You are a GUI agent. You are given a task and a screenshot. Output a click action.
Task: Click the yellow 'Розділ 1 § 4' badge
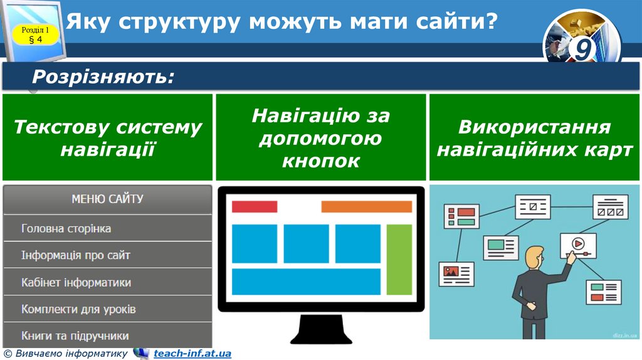pos(36,34)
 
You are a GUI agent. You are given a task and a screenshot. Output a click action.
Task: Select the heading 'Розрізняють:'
pos(103,77)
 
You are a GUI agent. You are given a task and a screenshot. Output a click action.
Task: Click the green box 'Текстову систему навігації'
pos(107,138)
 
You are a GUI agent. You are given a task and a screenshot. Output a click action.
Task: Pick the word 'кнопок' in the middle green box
pos(320,161)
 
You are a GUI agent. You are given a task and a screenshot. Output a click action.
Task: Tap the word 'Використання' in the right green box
pos(534,127)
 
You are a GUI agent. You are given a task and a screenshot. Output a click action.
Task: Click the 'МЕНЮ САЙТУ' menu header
pos(107,199)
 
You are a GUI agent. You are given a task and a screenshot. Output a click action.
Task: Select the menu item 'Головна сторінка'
pos(66,229)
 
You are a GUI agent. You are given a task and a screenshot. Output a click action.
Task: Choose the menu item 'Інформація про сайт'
pos(76,256)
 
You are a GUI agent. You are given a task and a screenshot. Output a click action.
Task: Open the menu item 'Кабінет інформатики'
pos(76,283)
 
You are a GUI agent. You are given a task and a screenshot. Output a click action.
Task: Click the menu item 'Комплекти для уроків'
pos(78,310)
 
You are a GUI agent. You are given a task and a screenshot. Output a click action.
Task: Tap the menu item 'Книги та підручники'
pos(75,336)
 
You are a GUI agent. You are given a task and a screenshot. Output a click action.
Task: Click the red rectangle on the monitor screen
pos(255,206)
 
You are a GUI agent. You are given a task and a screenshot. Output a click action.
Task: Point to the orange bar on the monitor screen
pos(366,206)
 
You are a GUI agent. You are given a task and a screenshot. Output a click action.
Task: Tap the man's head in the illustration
pos(534,257)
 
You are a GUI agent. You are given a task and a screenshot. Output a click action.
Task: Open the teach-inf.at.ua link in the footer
pos(192,354)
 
